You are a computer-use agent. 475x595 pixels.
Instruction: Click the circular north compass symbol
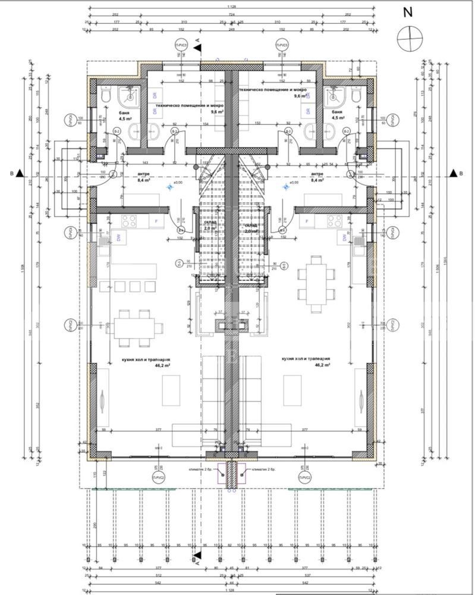pos(410,37)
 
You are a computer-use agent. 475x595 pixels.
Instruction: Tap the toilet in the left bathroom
pos(106,96)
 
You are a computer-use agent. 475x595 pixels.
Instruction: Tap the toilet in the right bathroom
pos(357,96)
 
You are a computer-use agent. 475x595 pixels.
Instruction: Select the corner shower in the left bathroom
pos(128,95)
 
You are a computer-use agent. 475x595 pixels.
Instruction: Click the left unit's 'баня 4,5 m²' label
pos(108,114)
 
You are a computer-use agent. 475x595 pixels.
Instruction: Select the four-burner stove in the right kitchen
pos(334,221)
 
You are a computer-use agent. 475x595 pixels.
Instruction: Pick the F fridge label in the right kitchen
pos(307,222)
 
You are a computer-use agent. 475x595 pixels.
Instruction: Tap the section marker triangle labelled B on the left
pos(20,173)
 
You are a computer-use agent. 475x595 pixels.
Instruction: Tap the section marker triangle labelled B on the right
pos(453,173)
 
